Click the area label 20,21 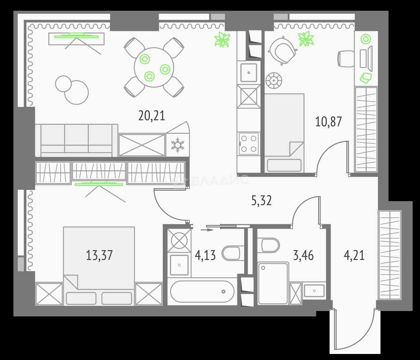click(x=152, y=116)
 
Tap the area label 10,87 click(x=329, y=122)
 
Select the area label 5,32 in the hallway click(x=262, y=200)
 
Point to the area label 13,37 click(x=99, y=255)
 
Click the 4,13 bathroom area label click(x=205, y=255)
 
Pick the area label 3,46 click(x=303, y=255)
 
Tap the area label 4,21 click(x=354, y=255)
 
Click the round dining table click(x=154, y=67)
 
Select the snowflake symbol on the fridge click(x=178, y=145)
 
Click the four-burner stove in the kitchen click(x=249, y=143)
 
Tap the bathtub click(x=202, y=292)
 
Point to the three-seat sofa click(x=76, y=140)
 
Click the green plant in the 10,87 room click(x=306, y=39)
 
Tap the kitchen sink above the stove click(x=249, y=72)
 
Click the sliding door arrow click(x=207, y=230)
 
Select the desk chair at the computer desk click(x=346, y=59)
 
